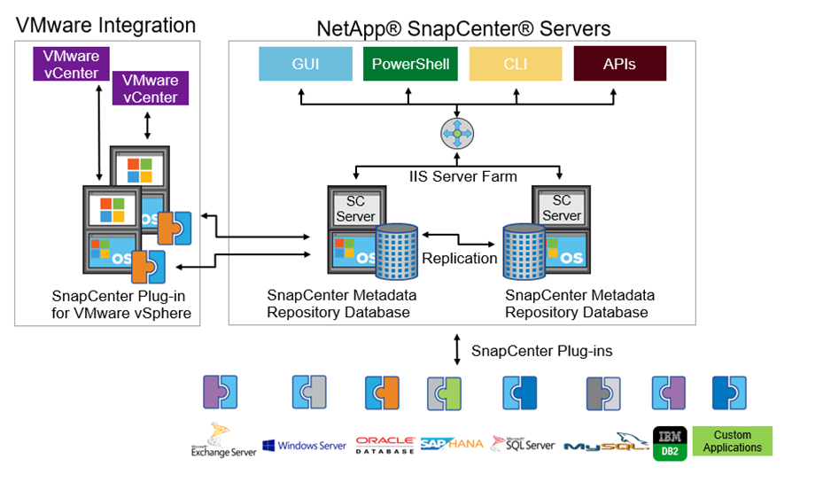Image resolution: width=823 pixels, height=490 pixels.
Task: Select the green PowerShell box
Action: pyautogui.click(x=410, y=64)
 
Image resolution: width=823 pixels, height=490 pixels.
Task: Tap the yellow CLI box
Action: pyautogui.click(x=515, y=64)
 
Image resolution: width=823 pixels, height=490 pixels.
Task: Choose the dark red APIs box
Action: pyautogui.click(x=619, y=64)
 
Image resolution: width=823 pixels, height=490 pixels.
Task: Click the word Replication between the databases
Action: pyautogui.click(x=459, y=259)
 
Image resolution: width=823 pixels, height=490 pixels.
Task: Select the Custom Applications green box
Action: pyautogui.click(x=732, y=441)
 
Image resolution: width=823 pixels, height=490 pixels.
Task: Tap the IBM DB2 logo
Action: pyautogui.click(x=670, y=441)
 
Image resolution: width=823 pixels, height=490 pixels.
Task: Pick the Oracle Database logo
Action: pyautogui.click(x=385, y=444)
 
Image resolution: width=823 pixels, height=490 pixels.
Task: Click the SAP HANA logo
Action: pyautogui.click(x=451, y=443)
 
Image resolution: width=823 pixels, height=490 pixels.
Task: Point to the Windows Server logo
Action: pyautogui.click(x=304, y=445)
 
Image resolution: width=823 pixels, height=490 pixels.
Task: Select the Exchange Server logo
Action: pyautogui.click(x=223, y=440)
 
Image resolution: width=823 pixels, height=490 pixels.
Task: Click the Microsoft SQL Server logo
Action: pyautogui.click(x=523, y=443)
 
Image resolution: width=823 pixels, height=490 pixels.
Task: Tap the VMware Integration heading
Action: pyautogui.click(x=105, y=25)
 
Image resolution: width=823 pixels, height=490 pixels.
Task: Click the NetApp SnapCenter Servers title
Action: pyautogui.click(x=463, y=28)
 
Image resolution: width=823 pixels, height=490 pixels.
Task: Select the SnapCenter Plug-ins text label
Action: pyautogui.click(x=541, y=351)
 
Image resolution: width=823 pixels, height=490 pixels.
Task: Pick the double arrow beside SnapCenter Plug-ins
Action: pyautogui.click(x=457, y=349)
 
